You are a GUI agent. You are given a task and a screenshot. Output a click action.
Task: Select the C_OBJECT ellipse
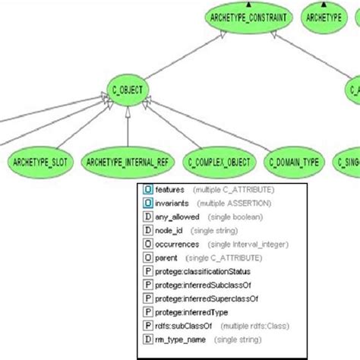click(127, 90)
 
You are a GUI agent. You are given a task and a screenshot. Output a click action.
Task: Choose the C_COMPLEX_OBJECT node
click(219, 162)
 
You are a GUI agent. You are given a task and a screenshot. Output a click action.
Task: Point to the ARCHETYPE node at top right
click(326, 17)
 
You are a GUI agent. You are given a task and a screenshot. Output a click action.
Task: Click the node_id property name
click(170, 230)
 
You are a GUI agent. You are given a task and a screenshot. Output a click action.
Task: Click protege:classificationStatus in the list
click(203, 271)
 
